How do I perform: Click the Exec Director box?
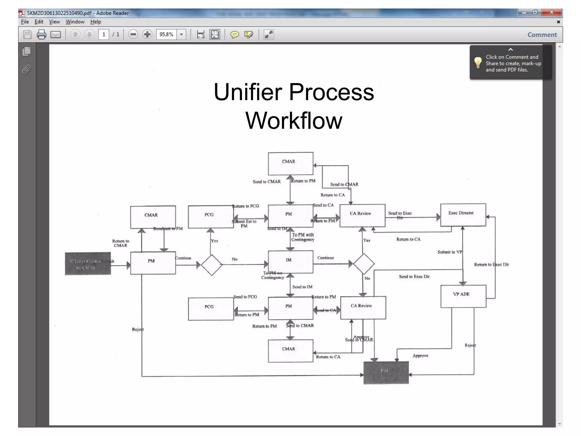tap(463, 215)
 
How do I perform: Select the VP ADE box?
tap(463, 296)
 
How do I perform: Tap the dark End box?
tap(386, 372)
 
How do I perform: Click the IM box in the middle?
tap(290, 262)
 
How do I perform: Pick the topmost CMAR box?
tap(290, 163)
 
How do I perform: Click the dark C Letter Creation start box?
tap(88, 264)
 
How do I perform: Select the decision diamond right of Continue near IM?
tap(364, 264)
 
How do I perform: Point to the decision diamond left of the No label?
tap(211, 265)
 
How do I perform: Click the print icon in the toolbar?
tap(41, 35)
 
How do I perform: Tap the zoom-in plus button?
tap(147, 35)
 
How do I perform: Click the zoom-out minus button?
tap(133, 35)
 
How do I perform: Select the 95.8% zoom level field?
tap(167, 35)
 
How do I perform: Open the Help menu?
tap(96, 22)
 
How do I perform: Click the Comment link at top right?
tap(542, 35)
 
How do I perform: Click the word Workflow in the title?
tap(294, 121)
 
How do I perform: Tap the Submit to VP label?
tap(450, 252)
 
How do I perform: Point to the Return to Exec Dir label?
tap(491, 265)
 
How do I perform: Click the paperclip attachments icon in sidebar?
tap(26, 69)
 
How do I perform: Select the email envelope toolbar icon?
tap(56, 35)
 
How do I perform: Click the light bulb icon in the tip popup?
tap(478, 63)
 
